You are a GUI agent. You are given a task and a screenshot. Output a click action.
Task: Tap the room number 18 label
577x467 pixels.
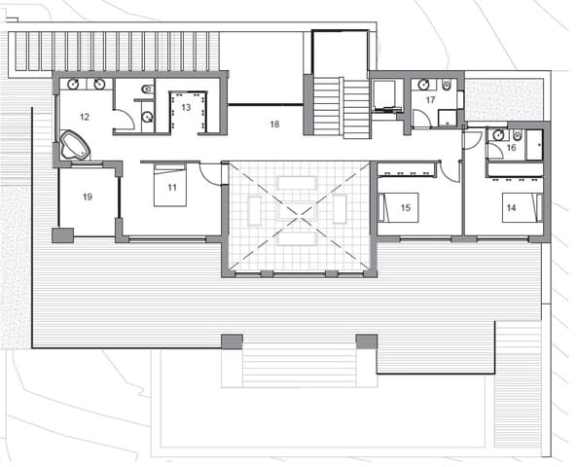point(274,125)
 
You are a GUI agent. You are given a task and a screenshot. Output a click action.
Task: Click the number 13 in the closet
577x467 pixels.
point(185,107)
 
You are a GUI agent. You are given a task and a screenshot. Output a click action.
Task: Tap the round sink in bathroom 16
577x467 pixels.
point(498,135)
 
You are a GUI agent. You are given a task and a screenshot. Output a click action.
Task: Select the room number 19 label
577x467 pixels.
point(88,197)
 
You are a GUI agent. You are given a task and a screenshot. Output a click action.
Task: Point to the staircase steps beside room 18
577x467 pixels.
point(341,107)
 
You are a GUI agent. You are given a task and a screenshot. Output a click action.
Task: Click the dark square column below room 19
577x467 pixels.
point(62,234)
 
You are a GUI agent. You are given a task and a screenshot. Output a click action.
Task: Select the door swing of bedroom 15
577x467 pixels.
point(449,171)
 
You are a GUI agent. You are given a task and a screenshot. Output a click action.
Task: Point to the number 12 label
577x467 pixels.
point(85,117)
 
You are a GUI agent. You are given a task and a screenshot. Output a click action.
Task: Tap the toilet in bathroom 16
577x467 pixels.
point(520,135)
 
